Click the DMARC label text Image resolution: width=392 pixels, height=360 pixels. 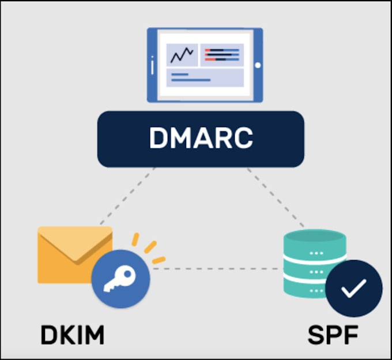tap(201, 138)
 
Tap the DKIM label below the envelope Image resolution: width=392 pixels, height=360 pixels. tap(73, 335)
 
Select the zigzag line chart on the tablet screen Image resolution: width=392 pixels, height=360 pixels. tap(182, 55)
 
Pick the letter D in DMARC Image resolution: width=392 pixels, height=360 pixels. tap(158, 138)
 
